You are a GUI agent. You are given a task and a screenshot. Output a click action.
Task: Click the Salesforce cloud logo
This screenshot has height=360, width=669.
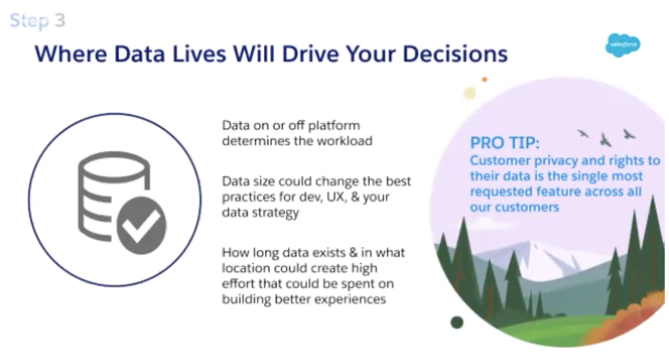[x=623, y=45]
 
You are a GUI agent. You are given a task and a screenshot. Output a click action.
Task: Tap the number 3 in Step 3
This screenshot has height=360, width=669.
[x=60, y=20]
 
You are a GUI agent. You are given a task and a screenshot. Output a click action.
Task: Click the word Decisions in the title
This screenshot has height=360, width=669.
[x=455, y=54]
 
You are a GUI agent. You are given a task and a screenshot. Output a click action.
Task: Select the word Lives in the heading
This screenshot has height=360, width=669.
[x=199, y=54]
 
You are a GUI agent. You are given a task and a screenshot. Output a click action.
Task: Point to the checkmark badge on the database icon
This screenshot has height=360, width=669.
[x=141, y=226]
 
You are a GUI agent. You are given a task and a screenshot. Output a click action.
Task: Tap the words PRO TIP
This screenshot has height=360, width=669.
[x=505, y=142]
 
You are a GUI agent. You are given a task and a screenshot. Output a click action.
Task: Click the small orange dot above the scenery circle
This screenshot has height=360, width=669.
[x=484, y=79]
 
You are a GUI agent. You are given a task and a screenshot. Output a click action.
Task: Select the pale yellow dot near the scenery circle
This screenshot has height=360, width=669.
[x=469, y=93]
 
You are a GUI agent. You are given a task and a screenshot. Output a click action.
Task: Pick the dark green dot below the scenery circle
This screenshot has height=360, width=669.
[x=457, y=322]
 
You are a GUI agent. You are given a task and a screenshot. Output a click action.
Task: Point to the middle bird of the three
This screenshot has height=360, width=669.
[x=605, y=140]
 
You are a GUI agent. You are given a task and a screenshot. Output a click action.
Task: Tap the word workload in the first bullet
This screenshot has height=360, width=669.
[x=345, y=141]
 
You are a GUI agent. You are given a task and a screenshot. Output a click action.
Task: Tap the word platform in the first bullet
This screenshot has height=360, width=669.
[x=334, y=126]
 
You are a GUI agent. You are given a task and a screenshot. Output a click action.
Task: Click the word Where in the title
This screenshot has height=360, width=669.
[x=71, y=54]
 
